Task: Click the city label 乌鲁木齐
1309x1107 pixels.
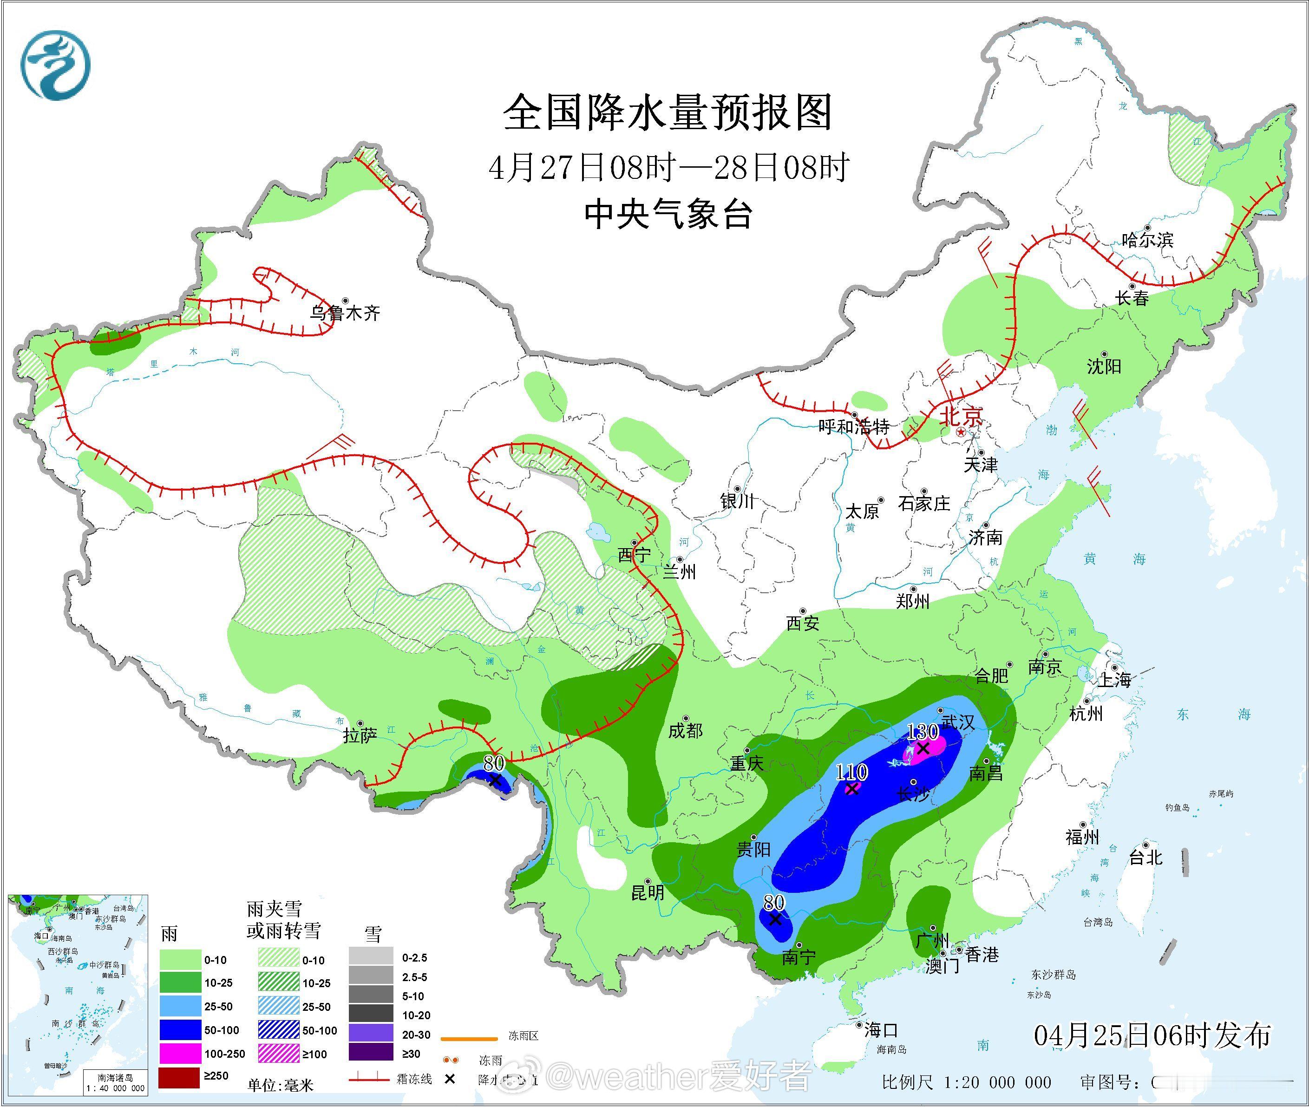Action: (x=345, y=313)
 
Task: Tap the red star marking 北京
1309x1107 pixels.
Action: (x=961, y=433)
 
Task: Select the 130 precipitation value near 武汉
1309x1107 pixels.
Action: (x=923, y=732)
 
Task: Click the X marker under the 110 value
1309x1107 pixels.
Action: (x=851, y=789)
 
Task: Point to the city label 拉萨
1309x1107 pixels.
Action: (x=360, y=735)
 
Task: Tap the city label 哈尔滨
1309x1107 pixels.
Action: (x=1147, y=240)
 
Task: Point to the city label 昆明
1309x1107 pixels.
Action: (x=648, y=892)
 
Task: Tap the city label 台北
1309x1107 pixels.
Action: (x=1146, y=857)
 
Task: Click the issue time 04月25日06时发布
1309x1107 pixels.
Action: (x=1152, y=1035)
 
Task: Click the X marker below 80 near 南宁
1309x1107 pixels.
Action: (x=775, y=919)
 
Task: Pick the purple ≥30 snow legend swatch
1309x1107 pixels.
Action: (x=371, y=1054)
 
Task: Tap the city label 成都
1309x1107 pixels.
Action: (x=685, y=730)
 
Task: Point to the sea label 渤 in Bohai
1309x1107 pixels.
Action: (x=1052, y=431)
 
